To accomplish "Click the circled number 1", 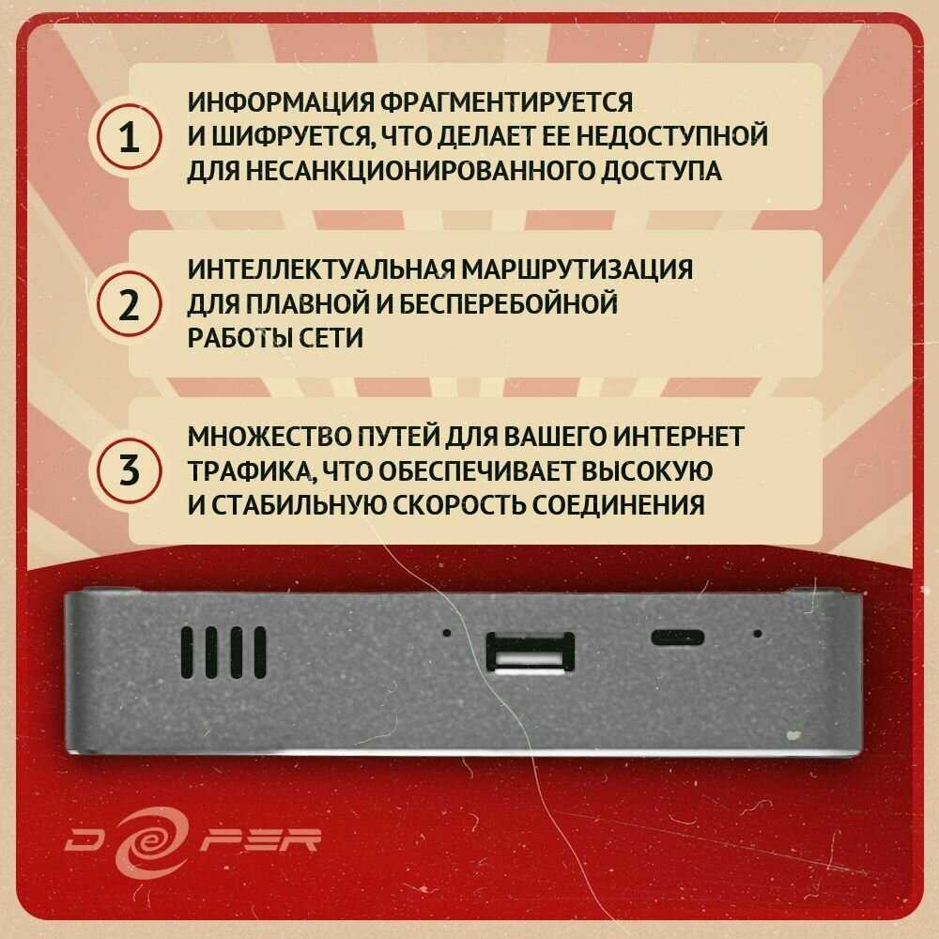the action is click(x=128, y=136).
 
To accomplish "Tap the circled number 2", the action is click(x=128, y=303).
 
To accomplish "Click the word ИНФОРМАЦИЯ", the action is click(x=282, y=102).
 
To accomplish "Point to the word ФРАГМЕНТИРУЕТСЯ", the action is click(x=507, y=102).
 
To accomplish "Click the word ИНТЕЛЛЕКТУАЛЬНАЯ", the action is click(x=320, y=269).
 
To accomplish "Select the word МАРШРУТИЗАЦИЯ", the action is click(x=577, y=269).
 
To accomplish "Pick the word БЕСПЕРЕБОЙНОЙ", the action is click(x=508, y=303).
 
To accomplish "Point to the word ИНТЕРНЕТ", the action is click(x=675, y=436).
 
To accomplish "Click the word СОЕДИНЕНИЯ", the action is click(x=618, y=505).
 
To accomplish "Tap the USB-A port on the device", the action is click(x=530, y=653).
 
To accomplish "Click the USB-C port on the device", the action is click(x=677, y=638).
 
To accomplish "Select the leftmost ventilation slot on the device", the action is click(x=188, y=653).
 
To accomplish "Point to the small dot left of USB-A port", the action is click(x=446, y=632).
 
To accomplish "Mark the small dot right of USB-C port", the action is click(x=758, y=633).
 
